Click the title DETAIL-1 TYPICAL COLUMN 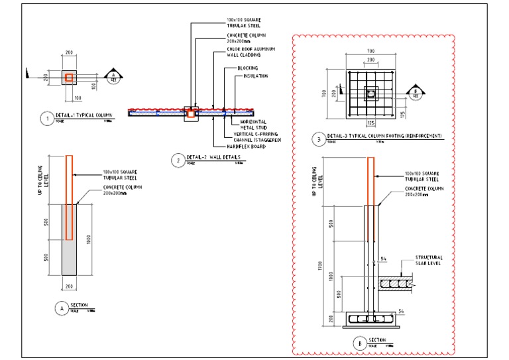pos(85,115)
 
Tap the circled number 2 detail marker pos(178,159)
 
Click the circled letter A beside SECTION pos(60,307)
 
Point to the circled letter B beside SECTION pos(359,343)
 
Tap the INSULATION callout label pos(255,76)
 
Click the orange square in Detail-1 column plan pos(68,78)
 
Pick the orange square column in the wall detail pos(191,114)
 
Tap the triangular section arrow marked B pos(415,92)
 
